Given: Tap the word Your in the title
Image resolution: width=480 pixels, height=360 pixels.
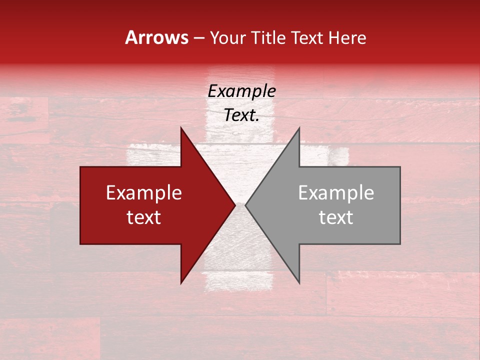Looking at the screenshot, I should pyautogui.click(x=228, y=38).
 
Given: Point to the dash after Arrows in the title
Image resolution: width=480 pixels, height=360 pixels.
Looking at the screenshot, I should pyautogui.click(x=198, y=38).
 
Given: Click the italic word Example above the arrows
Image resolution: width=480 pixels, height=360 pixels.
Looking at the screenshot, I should pyautogui.click(x=241, y=91).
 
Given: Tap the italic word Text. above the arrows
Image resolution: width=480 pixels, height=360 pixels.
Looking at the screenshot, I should pyautogui.click(x=241, y=115).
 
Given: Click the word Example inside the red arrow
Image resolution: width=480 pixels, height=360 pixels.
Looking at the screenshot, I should pyautogui.click(x=144, y=193).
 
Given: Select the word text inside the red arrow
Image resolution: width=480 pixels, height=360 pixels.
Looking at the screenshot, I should pyautogui.click(x=144, y=217).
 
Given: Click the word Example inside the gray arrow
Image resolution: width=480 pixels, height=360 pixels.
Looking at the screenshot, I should pyautogui.click(x=336, y=193).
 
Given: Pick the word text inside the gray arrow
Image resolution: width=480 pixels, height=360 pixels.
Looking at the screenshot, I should pyautogui.click(x=336, y=217).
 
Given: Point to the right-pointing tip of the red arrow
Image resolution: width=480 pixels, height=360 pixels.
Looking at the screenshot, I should pyautogui.click(x=235, y=205).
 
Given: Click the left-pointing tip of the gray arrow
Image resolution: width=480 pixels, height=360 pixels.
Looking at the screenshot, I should pyautogui.click(x=245, y=205).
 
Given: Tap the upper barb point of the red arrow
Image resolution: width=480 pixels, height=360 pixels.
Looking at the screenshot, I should pyautogui.click(x=181, y=127).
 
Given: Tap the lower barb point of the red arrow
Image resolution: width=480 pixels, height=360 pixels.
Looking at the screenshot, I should pyautogui.click(x=181, y=283).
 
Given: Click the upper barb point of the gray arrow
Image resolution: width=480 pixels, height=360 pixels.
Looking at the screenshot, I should pyautogui.click(x=299, y=127).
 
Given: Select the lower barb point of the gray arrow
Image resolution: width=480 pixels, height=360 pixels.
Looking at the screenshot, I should pyautogui.click(x=299, y=283).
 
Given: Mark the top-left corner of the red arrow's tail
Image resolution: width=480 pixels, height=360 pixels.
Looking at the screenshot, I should pyautogui.click(x=80, y=167).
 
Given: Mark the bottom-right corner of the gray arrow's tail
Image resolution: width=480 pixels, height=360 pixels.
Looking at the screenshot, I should pyautogui.click(x=400, y=243).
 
